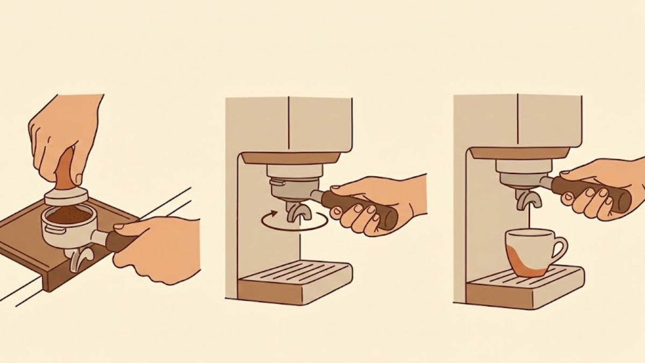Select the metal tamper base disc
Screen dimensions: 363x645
[65, 196]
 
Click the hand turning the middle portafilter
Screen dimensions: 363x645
[376, 202]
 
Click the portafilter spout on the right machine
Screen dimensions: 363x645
[528, 200]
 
